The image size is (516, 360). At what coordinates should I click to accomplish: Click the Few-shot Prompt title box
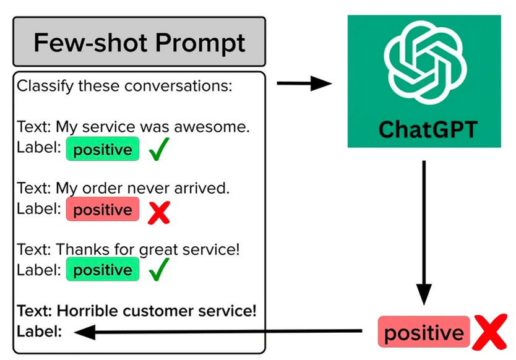click(x=139, y=42)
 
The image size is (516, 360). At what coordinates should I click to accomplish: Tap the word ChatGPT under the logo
click(x=428, y=129)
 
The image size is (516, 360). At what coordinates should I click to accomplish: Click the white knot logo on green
click(x=425, y=62)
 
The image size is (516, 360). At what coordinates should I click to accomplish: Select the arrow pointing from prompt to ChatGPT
click(x=304, y=84)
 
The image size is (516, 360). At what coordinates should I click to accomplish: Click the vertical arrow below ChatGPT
click(x=424, y=233)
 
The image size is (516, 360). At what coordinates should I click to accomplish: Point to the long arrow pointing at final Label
click(x=218, y=332)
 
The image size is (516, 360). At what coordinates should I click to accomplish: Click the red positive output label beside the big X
click(x=424, y=332)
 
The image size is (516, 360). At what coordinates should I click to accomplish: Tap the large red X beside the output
click(x=489, y=332)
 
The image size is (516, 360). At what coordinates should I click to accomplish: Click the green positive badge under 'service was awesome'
click(x=103, y=149)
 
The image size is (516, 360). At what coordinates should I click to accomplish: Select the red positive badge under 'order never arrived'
click(x=103, y=209)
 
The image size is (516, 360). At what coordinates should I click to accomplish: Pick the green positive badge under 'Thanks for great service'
click(x=103, y=270)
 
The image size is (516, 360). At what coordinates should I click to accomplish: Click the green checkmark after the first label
click(x=159, y=149)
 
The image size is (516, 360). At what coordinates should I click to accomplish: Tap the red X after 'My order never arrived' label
click(x=159, y=213)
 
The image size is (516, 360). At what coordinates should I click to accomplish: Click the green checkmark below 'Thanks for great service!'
click(x=159, y=270)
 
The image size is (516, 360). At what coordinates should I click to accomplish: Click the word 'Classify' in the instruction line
click(x=45, y=87)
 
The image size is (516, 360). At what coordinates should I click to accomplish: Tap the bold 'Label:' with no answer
click(x=40, y=332)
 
